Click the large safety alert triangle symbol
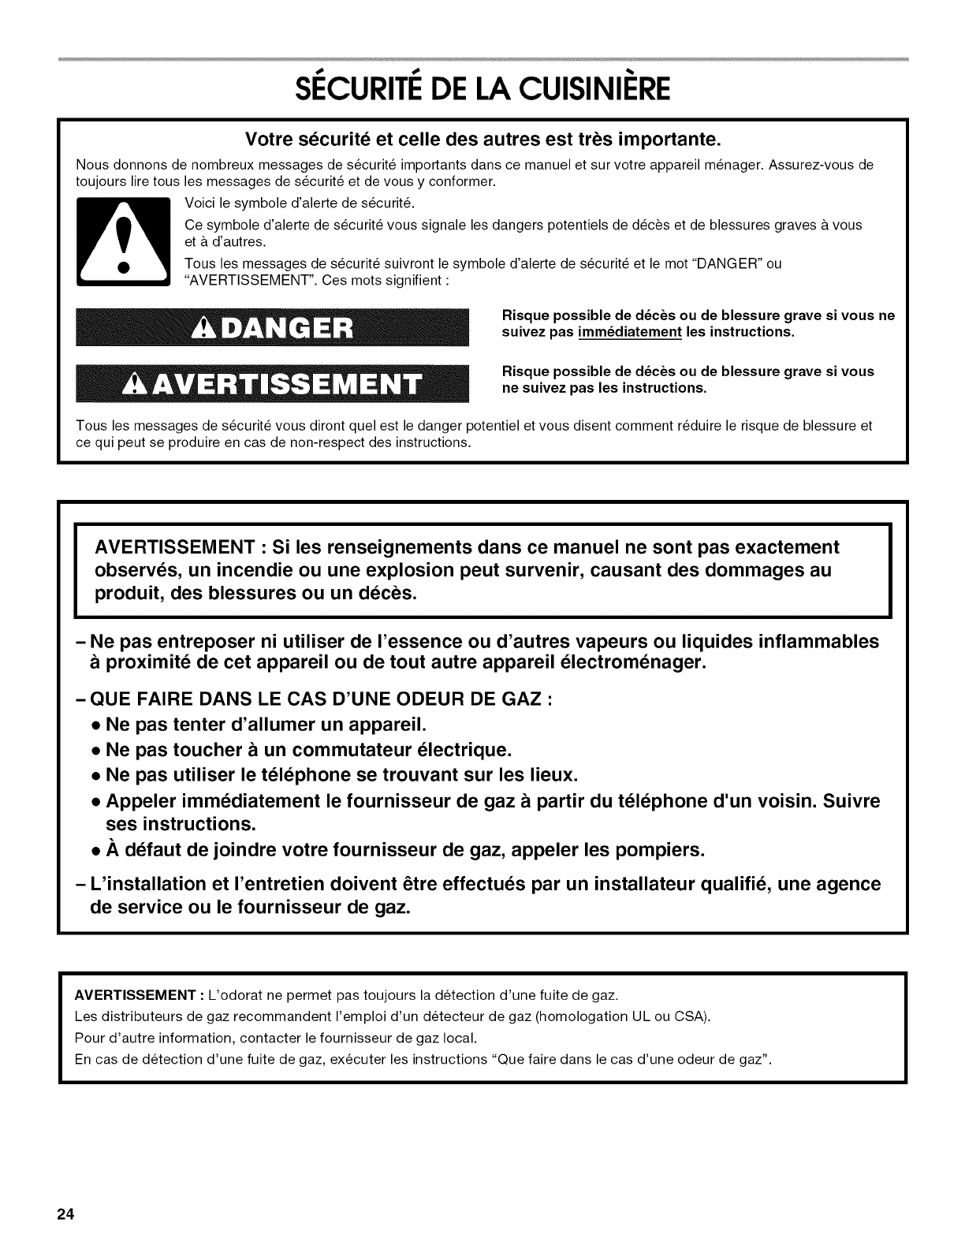pyautogui.click(x=122, y=243)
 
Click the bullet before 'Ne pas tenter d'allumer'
pyautogui.click(x=95, y=725)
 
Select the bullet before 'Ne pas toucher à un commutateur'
pyautogui.click(x=95, y=750)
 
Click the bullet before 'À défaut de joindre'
pyautogui.click(x=95, y=852)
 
